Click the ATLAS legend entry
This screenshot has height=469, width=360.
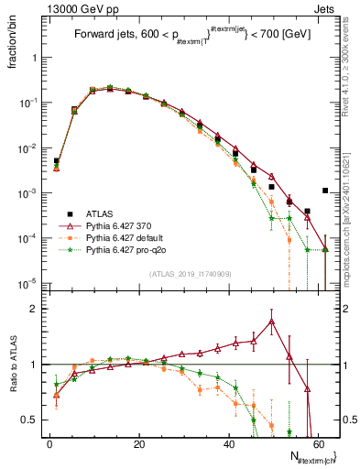coord(102,210)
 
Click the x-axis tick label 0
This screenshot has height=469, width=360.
coord(49,442)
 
